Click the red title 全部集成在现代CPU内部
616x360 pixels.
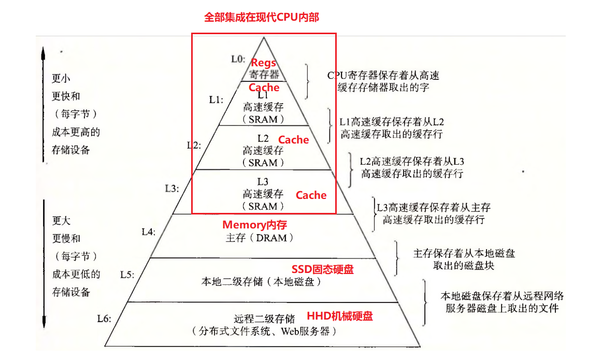click(262, 17)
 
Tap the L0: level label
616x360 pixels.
click(238, 59)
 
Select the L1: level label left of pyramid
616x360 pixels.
click(216, 100)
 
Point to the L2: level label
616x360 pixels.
click(194, 145)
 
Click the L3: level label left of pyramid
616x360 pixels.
click(171, 189)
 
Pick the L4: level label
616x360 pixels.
click(148, 232)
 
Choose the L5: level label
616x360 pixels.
click(127, 274)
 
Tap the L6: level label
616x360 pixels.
click(104, 319)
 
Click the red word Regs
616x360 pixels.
click(263, 63)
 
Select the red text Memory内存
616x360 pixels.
click(254, 225)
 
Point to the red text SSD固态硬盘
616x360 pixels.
click(322, 269)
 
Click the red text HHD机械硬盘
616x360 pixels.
click(340, 316)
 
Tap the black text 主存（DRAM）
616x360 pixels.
click(260, 238)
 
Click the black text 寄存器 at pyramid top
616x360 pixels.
click(263, 75)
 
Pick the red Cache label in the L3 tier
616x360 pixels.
click(311, 195)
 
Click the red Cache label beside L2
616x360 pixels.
click(293, 140)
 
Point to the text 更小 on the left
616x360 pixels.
click(61, 79)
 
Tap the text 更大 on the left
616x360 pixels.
click(61, 221)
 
